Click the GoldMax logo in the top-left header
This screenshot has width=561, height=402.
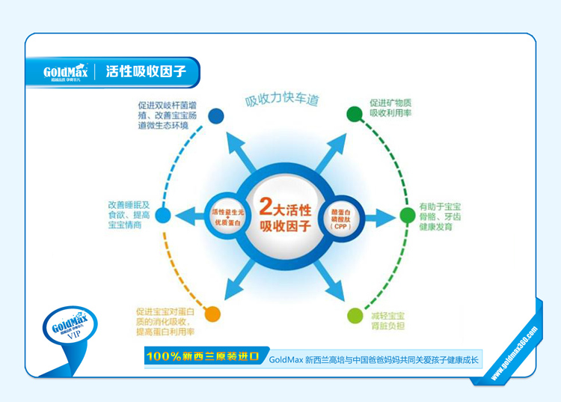66,72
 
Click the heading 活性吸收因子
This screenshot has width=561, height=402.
146,72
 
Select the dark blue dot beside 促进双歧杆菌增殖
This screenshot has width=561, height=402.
215,115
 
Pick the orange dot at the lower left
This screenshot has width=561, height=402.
212,314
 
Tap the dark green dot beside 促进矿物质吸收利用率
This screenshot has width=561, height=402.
354,113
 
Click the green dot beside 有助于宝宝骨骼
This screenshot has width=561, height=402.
407,216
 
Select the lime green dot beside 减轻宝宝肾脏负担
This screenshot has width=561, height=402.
353,315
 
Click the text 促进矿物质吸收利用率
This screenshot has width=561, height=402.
390,107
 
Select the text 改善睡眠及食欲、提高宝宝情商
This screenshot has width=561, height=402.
129,214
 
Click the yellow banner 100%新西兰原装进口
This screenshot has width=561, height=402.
203,357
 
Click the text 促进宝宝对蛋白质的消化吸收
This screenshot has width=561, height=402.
165,321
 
